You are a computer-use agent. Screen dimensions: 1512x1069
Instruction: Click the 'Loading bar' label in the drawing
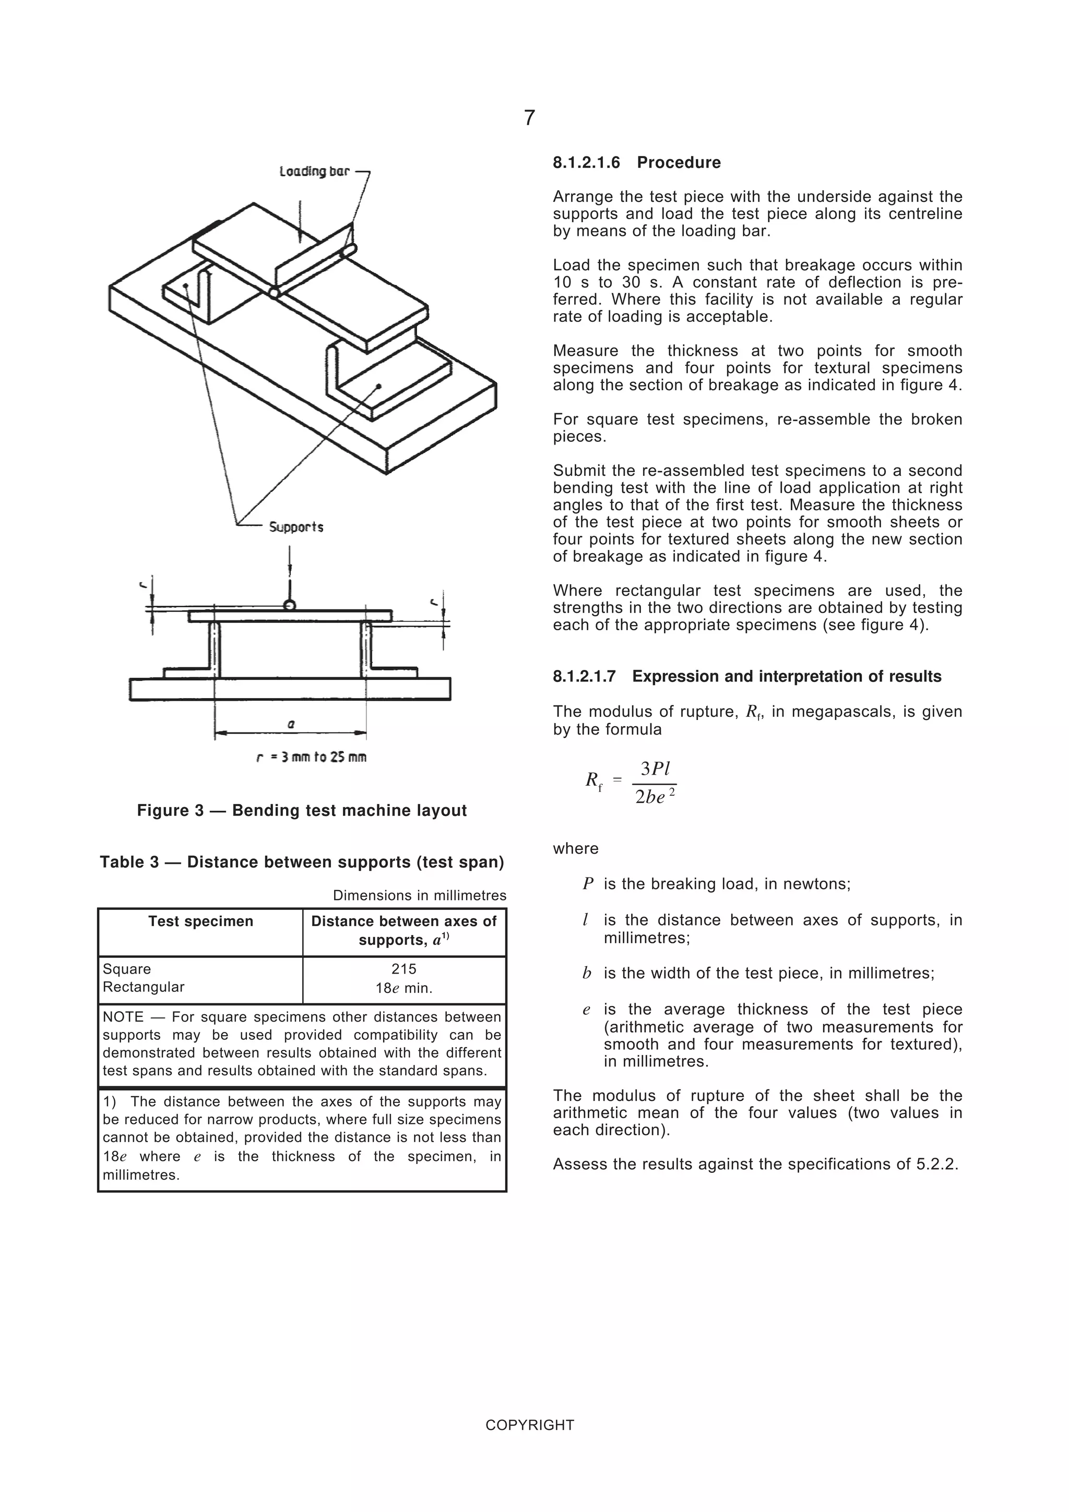pyautogui.click(x=314, y=172)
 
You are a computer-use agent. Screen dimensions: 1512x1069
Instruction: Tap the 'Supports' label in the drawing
pyautogui.click(x=296, y=527)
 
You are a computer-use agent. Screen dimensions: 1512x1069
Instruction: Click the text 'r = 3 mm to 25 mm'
pyautogui.click(x=311, y=758)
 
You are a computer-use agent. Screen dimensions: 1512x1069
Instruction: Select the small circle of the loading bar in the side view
pyautogui.click(x=289, y=605)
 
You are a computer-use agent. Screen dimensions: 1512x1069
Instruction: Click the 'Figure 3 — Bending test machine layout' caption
pyautogui.click(x=302, y=811)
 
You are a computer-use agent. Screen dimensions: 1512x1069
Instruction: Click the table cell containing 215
pyautogui.click(x=404, y=969)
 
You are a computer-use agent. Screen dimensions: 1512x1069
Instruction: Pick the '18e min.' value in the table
pyautogui.click(x=404, y=988)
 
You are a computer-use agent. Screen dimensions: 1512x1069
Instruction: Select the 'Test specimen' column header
pyautogui.click(x=200, y=921)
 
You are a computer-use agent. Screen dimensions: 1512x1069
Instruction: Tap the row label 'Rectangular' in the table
pyautogui.click(x=144, y=987)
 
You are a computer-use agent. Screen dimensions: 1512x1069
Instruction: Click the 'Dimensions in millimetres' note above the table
pyautogui.click(x=420, y=896)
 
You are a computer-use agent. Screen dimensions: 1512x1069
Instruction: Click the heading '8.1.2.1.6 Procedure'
pyautogui.click(x=636, y=163)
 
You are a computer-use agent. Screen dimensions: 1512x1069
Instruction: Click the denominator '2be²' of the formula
pyautogui.click(x=655, y=797)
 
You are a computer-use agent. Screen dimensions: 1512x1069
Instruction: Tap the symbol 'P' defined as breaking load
pyautogui.click(x=588, y=884)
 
